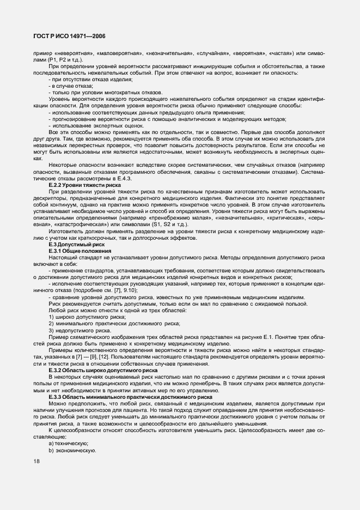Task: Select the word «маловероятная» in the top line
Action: [x=119, y=53]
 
